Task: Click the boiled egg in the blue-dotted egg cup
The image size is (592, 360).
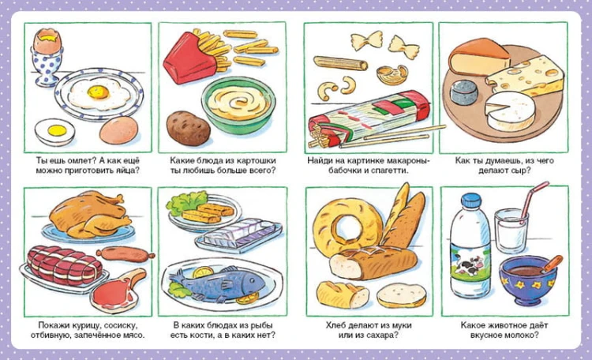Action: coord(47,41)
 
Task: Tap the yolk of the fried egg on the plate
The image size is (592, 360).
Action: coord(98,92)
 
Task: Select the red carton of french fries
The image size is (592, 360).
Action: coord(186,58)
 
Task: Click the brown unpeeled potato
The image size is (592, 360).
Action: coord(188,129)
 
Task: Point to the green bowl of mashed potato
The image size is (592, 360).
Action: coord(238,105)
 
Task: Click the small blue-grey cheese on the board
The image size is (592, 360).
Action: coord(464,92)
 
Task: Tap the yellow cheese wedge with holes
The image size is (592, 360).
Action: coord(526,76)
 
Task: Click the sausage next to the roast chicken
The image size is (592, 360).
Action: coord(126,254)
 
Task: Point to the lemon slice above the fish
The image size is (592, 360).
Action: coord(203,272)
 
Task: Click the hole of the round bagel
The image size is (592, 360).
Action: coord(347,227)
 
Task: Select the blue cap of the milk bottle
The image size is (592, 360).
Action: coord(471,200)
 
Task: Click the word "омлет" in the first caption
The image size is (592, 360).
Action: coord(78,160)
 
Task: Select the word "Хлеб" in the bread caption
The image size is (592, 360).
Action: coord(335,325)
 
